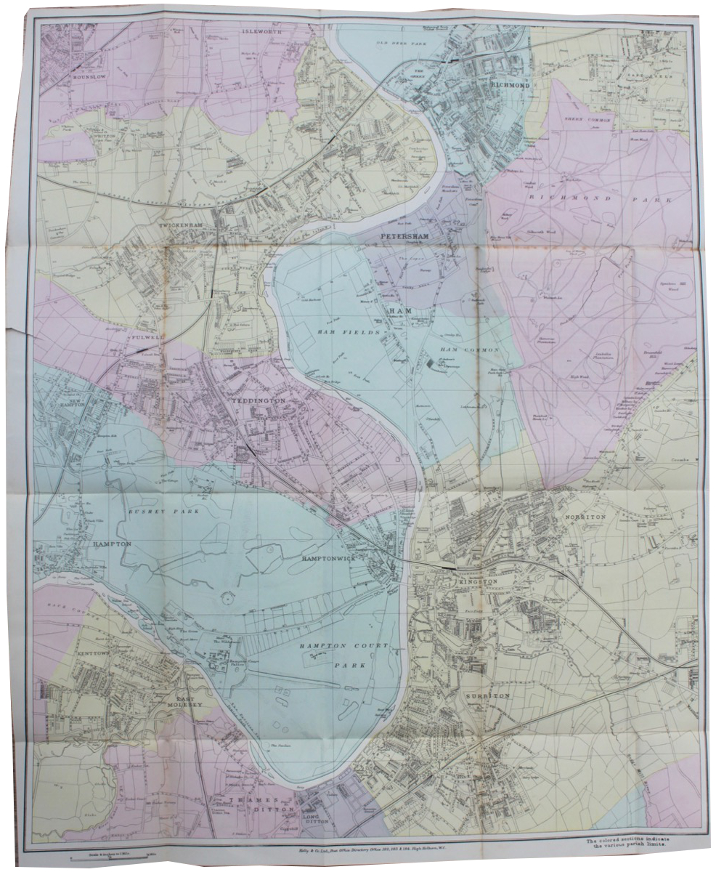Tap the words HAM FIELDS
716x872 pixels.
[336, 331]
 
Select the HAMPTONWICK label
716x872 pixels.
[327, 561]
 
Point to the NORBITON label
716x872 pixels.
[582, 517]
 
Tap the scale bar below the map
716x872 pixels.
[116, 857]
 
